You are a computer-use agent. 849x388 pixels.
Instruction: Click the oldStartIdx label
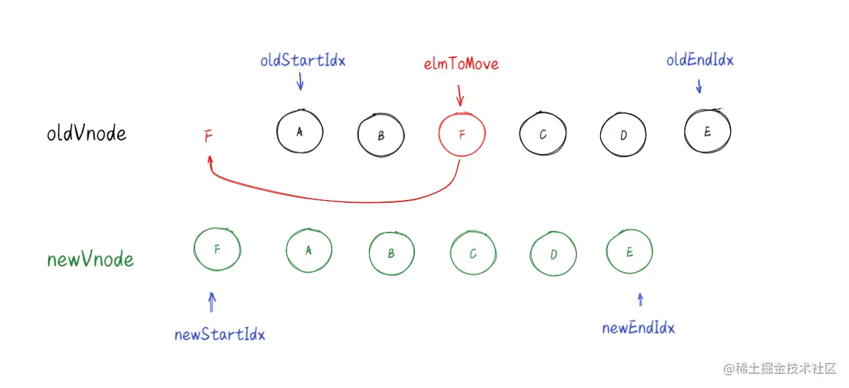pos(303,61)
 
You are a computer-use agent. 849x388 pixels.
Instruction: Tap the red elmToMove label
pos(461,64)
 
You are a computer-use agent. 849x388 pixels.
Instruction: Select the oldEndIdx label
pos(700,61)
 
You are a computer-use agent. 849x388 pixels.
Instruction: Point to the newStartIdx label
pos(220,335)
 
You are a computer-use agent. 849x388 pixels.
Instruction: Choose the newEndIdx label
pos(638,329)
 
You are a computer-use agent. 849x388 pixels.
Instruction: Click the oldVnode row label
pos(86,134)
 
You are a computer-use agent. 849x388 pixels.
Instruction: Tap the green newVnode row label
pos(90,260)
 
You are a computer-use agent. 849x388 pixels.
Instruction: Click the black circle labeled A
pos(300,131)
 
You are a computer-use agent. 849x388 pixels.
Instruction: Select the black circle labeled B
pos(380,135)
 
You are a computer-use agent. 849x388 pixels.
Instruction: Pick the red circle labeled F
pos(462,134)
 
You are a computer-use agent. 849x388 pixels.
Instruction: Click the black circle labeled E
pos(707,131)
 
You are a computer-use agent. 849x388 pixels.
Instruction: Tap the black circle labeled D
pos(623,135)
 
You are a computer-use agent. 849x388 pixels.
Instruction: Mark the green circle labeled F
pos(217,249)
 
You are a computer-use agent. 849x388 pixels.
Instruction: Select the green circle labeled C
pos(473,254)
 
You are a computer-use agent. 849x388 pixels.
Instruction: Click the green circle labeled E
pos(629,252)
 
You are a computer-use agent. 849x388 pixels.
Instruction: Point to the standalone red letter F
pos(208,136)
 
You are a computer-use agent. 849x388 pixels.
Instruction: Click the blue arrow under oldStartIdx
pos(300,83)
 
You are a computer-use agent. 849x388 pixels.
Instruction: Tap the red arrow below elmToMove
pos(460,95)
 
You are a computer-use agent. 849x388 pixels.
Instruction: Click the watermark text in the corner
pos(778,369)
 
